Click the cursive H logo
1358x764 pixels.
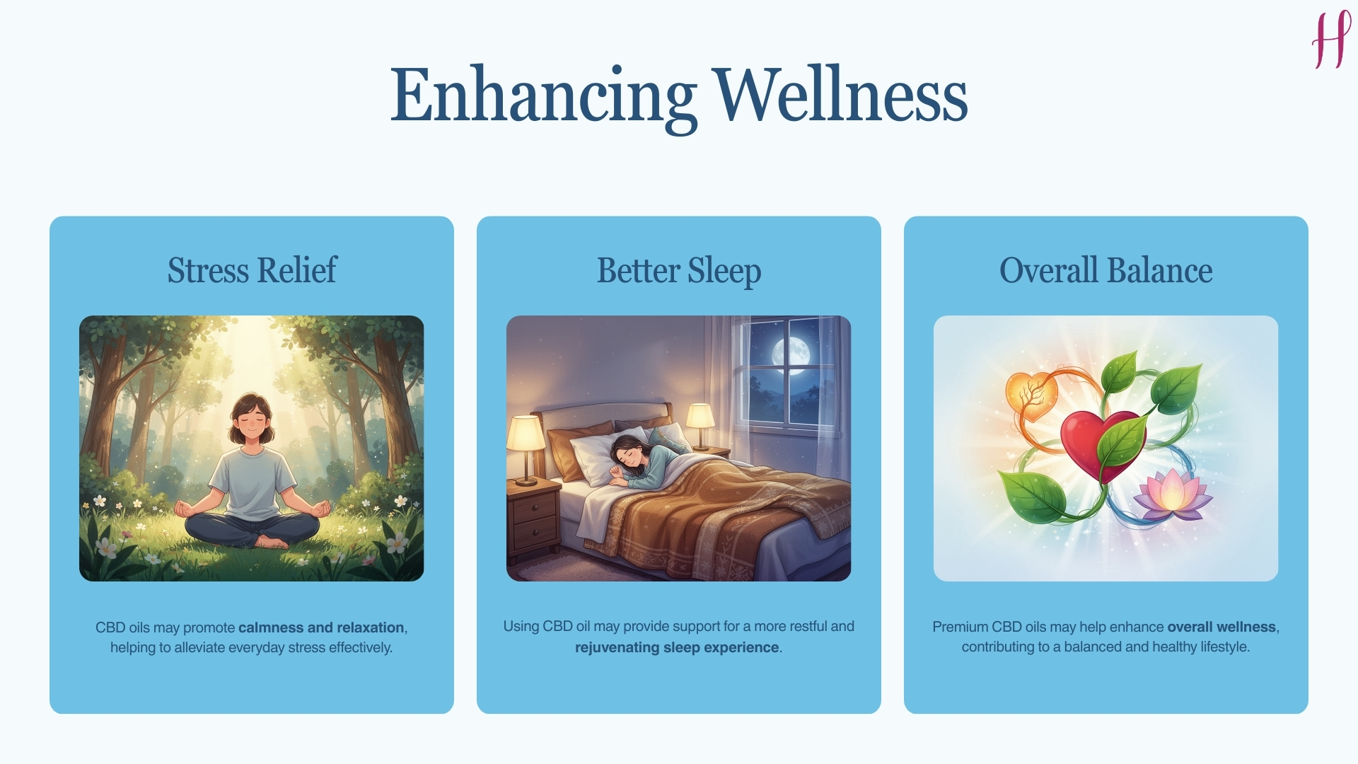[1330, 40]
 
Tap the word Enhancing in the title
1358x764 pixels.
[543, 95]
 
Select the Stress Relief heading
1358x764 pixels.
[252, 270]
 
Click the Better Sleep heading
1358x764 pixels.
[678, 270]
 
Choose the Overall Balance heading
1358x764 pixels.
[1105, 270]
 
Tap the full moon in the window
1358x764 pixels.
[790, 352]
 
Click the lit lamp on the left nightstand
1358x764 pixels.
[525, 439]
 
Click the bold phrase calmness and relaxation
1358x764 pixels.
[321, 627]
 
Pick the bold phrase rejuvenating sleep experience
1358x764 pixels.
[677, 647]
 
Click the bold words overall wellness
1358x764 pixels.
[1221, 627]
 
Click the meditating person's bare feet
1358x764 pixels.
[272, 543]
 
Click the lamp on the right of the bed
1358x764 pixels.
[700, 422]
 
